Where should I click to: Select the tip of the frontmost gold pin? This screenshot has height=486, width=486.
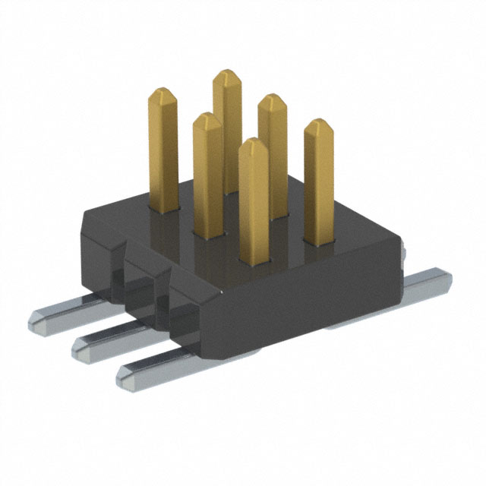point(253,144)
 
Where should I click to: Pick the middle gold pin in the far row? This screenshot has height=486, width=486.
point(272,152)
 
